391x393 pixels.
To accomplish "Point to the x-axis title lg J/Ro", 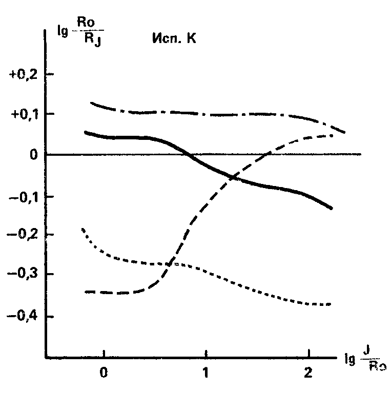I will pyautogui.click(x=364, y=365).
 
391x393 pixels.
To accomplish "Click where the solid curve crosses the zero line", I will pyautogui.click(x=188, y=154).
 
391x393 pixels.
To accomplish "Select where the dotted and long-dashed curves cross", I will pyautogui.click(x=170, y=264).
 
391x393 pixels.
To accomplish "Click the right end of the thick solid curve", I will pyautogui.click(x=332, y=208).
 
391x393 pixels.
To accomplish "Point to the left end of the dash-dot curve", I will pyautogui.click(x=91, y=103).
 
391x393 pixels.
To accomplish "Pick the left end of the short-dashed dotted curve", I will pyautogui.click(x=83, y=229).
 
